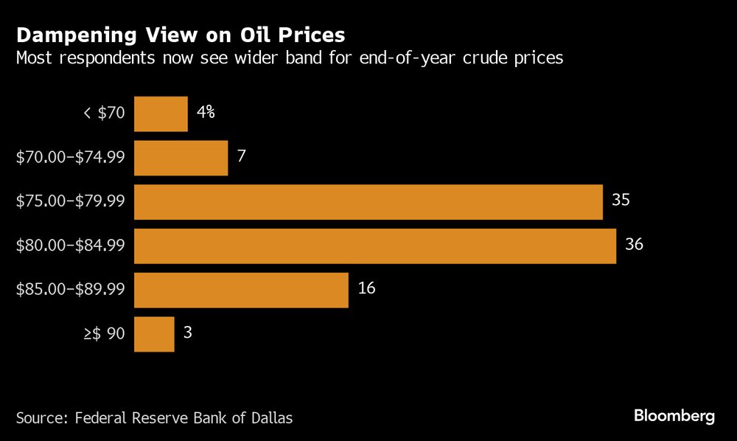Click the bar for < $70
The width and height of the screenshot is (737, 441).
click(161, 114)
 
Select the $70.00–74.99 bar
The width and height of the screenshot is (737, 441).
click(181, 158)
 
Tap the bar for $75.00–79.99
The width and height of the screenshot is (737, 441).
click(368, 202)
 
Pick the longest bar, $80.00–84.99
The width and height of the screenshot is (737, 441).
click(375, 246)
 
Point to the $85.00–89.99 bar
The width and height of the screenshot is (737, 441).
click(241, 290)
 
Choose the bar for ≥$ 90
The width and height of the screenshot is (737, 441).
click(154, 334)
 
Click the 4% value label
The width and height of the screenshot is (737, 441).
click(206, 112)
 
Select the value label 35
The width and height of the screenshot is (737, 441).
click(621, 201)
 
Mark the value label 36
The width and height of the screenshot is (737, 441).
click(634, 244)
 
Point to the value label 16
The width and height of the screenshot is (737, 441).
click(366, 288)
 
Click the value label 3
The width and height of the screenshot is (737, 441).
click(188, 333)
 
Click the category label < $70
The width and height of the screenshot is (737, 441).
click(105, 114)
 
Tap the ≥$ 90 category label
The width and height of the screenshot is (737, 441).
click(105, 334)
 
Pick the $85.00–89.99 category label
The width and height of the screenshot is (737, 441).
click(71, 290)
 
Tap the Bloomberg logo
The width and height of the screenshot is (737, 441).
click(674, 416)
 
